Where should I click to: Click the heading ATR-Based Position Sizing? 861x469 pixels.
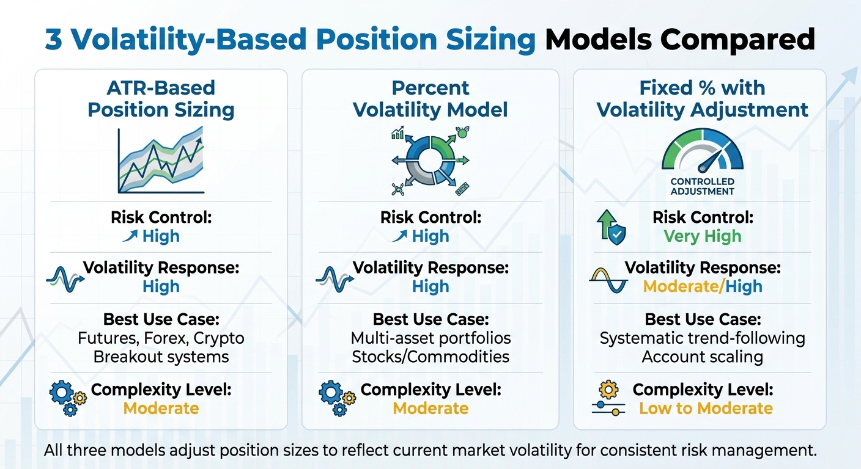161,99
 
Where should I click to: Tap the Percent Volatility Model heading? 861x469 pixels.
430,99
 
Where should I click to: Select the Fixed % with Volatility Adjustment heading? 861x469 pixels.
702,99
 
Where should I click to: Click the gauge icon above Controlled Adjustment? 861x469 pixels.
703,150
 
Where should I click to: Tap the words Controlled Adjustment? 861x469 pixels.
703,186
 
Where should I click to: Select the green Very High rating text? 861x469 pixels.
703,236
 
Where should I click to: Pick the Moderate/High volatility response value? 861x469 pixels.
703,286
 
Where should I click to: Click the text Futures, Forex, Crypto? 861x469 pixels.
161,338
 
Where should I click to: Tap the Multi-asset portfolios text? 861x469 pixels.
430,338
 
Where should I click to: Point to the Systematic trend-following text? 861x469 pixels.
703,338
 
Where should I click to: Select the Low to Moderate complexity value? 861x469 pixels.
706,408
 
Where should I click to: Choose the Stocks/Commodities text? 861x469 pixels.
430,357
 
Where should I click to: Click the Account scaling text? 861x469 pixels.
703,357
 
